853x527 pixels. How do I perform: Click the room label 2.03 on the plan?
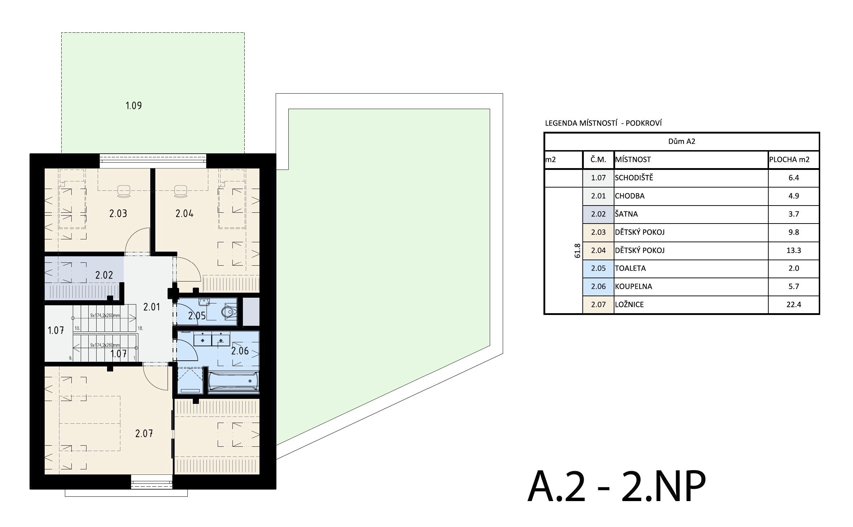[x=118, y=213]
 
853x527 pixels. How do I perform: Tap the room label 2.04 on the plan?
[x=185, y=213]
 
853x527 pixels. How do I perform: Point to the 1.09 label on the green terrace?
[x=133, y=105]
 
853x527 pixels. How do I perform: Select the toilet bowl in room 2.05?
[x=229, y=312]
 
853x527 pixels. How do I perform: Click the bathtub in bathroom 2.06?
[x=234, y=381]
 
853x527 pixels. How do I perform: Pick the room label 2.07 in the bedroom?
[x=144, y=433]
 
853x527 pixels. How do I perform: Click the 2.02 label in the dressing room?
[x=104, y=275]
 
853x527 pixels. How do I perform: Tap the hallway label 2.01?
[x=152, y=307]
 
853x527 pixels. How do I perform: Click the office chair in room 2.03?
[x=124, y=191]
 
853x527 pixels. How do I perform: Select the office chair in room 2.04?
[x=180, y=191]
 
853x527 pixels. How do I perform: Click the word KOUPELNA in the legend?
[x=634, y=287]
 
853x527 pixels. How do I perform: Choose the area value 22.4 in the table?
[x=794, y=305]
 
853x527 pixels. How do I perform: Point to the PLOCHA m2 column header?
[x=789, y=159]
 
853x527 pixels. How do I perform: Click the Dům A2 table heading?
[x=681, y=141]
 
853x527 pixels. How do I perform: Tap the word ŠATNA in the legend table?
[x=626, y=214]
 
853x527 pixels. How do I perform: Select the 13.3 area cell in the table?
[x=794, y=250]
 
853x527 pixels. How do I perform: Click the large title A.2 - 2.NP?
[x=616, y=486]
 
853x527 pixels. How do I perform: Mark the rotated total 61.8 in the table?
[x=577, y=251]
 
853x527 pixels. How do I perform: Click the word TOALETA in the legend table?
[x=630, y=268]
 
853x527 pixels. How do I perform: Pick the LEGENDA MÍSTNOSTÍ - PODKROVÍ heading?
[x=603, y=123]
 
